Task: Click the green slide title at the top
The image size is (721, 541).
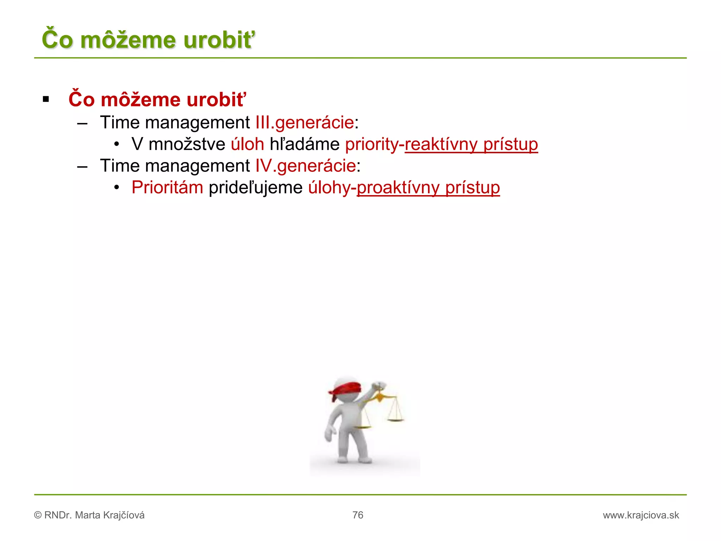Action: click(x=148, y=39)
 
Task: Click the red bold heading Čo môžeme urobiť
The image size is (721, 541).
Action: click(x=157, y=99)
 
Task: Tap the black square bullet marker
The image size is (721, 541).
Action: click(x=46, y=99)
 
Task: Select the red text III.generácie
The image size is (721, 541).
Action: click(x=305, y=123)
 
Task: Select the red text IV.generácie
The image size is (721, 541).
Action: click(x=306, y=166)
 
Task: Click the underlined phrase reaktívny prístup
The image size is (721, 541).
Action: click(x=471, y=144)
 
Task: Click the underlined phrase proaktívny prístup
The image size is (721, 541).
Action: click(x=428, y=187)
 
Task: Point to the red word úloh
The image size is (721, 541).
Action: click(x=247, y=144)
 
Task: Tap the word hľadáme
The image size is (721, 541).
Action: click(x=305, y=144)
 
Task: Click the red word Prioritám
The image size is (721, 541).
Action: click(x=167, y=187)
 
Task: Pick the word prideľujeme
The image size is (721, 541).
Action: click(x=256, y=187)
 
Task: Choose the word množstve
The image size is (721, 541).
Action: click(x=187, y=144)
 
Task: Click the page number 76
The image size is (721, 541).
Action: click(x=358, y=515)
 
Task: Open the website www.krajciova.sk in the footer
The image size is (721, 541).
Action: click(x=641, y=515)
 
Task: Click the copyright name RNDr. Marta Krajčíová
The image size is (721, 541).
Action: click(x=94, y=515)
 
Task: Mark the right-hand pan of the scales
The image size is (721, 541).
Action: click(x=395, y=419)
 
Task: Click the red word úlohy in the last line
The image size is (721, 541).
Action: click(x=329, y=187)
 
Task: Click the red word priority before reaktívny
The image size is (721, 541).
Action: click(x=371, y=144)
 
